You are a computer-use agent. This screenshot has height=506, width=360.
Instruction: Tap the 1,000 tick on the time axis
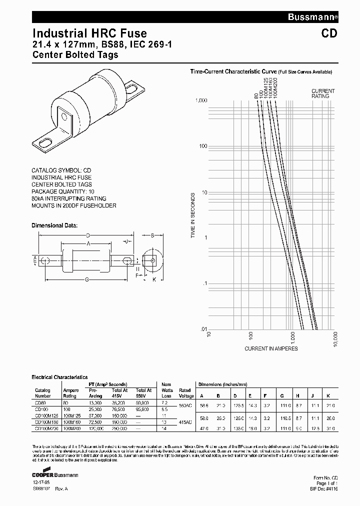200,100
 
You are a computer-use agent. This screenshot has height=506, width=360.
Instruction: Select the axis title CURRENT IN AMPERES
271,348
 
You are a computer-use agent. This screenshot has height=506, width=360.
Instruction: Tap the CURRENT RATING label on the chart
323,93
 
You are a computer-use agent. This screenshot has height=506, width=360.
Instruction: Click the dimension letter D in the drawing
88,235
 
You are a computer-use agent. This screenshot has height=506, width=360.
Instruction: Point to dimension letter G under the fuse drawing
87,279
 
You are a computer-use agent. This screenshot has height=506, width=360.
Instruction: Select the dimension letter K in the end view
154,279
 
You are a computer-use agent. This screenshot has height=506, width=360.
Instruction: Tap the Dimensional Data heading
54,225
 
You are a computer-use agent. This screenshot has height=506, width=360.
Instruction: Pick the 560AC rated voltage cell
185,405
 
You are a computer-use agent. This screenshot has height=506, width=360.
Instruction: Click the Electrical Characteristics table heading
59,377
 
